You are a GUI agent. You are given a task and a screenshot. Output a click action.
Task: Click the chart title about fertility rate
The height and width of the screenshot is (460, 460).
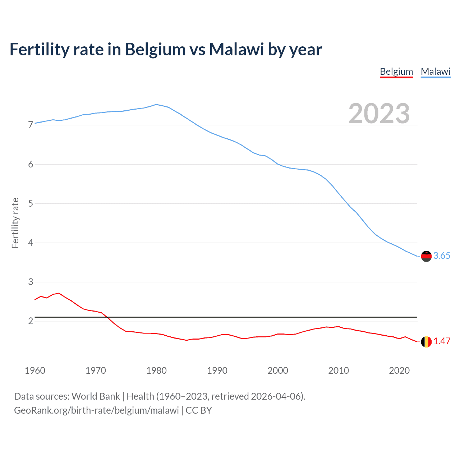coord(166,49)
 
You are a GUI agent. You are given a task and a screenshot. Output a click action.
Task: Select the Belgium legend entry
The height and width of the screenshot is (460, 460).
coord(396,72)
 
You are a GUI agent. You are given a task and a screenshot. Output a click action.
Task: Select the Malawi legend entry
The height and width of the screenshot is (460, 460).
coord(435,72)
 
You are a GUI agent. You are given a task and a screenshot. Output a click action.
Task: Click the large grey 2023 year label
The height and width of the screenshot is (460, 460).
coord(379,114)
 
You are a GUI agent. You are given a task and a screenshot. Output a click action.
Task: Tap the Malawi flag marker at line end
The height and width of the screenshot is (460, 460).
coord(426,256)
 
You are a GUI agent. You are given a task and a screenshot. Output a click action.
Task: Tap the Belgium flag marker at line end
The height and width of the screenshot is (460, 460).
coord(426,341)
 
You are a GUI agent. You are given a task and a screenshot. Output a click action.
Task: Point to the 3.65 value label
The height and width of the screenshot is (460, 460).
coord(442,256)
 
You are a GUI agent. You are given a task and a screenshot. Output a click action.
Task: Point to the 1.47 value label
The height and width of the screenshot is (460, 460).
coord(442,341)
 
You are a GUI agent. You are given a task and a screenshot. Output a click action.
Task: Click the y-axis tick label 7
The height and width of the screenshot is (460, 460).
coord(31,125)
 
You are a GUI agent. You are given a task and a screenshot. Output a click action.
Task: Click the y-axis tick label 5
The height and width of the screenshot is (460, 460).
coord(31,203)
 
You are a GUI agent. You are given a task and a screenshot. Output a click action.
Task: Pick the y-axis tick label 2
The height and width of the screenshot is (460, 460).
coord(31,321)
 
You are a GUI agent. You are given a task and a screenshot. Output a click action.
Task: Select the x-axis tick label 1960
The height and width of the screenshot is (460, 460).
coord(35,371)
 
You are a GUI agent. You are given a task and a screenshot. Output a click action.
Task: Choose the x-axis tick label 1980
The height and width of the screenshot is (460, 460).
coord(156,371)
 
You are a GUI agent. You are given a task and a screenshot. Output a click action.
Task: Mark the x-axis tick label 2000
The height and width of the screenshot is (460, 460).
coord(278,371)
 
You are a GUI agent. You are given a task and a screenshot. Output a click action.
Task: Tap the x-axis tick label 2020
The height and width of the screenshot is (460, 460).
coord(399,371)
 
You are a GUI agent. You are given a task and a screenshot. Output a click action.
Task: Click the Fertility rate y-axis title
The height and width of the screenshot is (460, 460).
coord(15,223)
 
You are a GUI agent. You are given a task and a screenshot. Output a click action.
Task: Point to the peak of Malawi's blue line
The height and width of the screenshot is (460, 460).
coord(156,105)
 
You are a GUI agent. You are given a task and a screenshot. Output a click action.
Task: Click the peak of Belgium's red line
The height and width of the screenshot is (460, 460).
coord(59,293)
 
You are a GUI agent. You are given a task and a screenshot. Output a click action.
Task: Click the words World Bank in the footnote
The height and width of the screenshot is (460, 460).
coord(96,396)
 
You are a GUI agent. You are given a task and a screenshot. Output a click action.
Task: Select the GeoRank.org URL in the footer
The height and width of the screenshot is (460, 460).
coord(96,410)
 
